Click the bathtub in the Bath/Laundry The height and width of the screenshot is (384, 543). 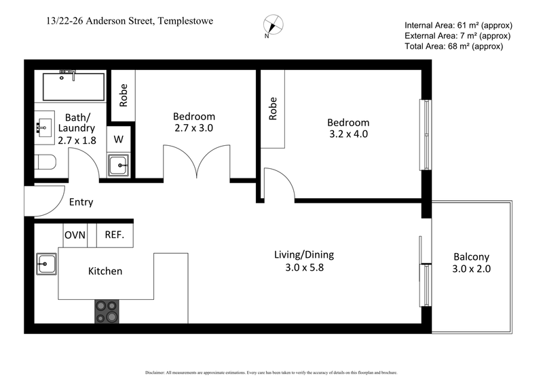click(73, 86)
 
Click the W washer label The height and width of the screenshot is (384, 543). click(118, 139)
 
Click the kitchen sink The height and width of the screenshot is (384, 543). click(47, 263)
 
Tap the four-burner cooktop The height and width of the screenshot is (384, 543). click(107, 311)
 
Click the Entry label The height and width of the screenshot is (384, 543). click(81, 202)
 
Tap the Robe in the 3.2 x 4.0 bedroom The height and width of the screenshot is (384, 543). click(274, 109)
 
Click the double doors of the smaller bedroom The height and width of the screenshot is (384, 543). click(197, 164)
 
